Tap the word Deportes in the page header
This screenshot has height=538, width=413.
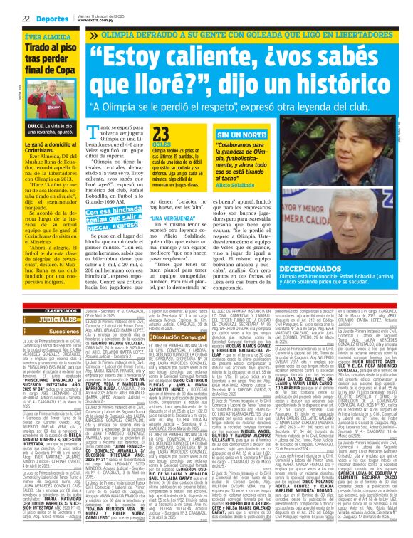pyautogui.click(x=48, y=18)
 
